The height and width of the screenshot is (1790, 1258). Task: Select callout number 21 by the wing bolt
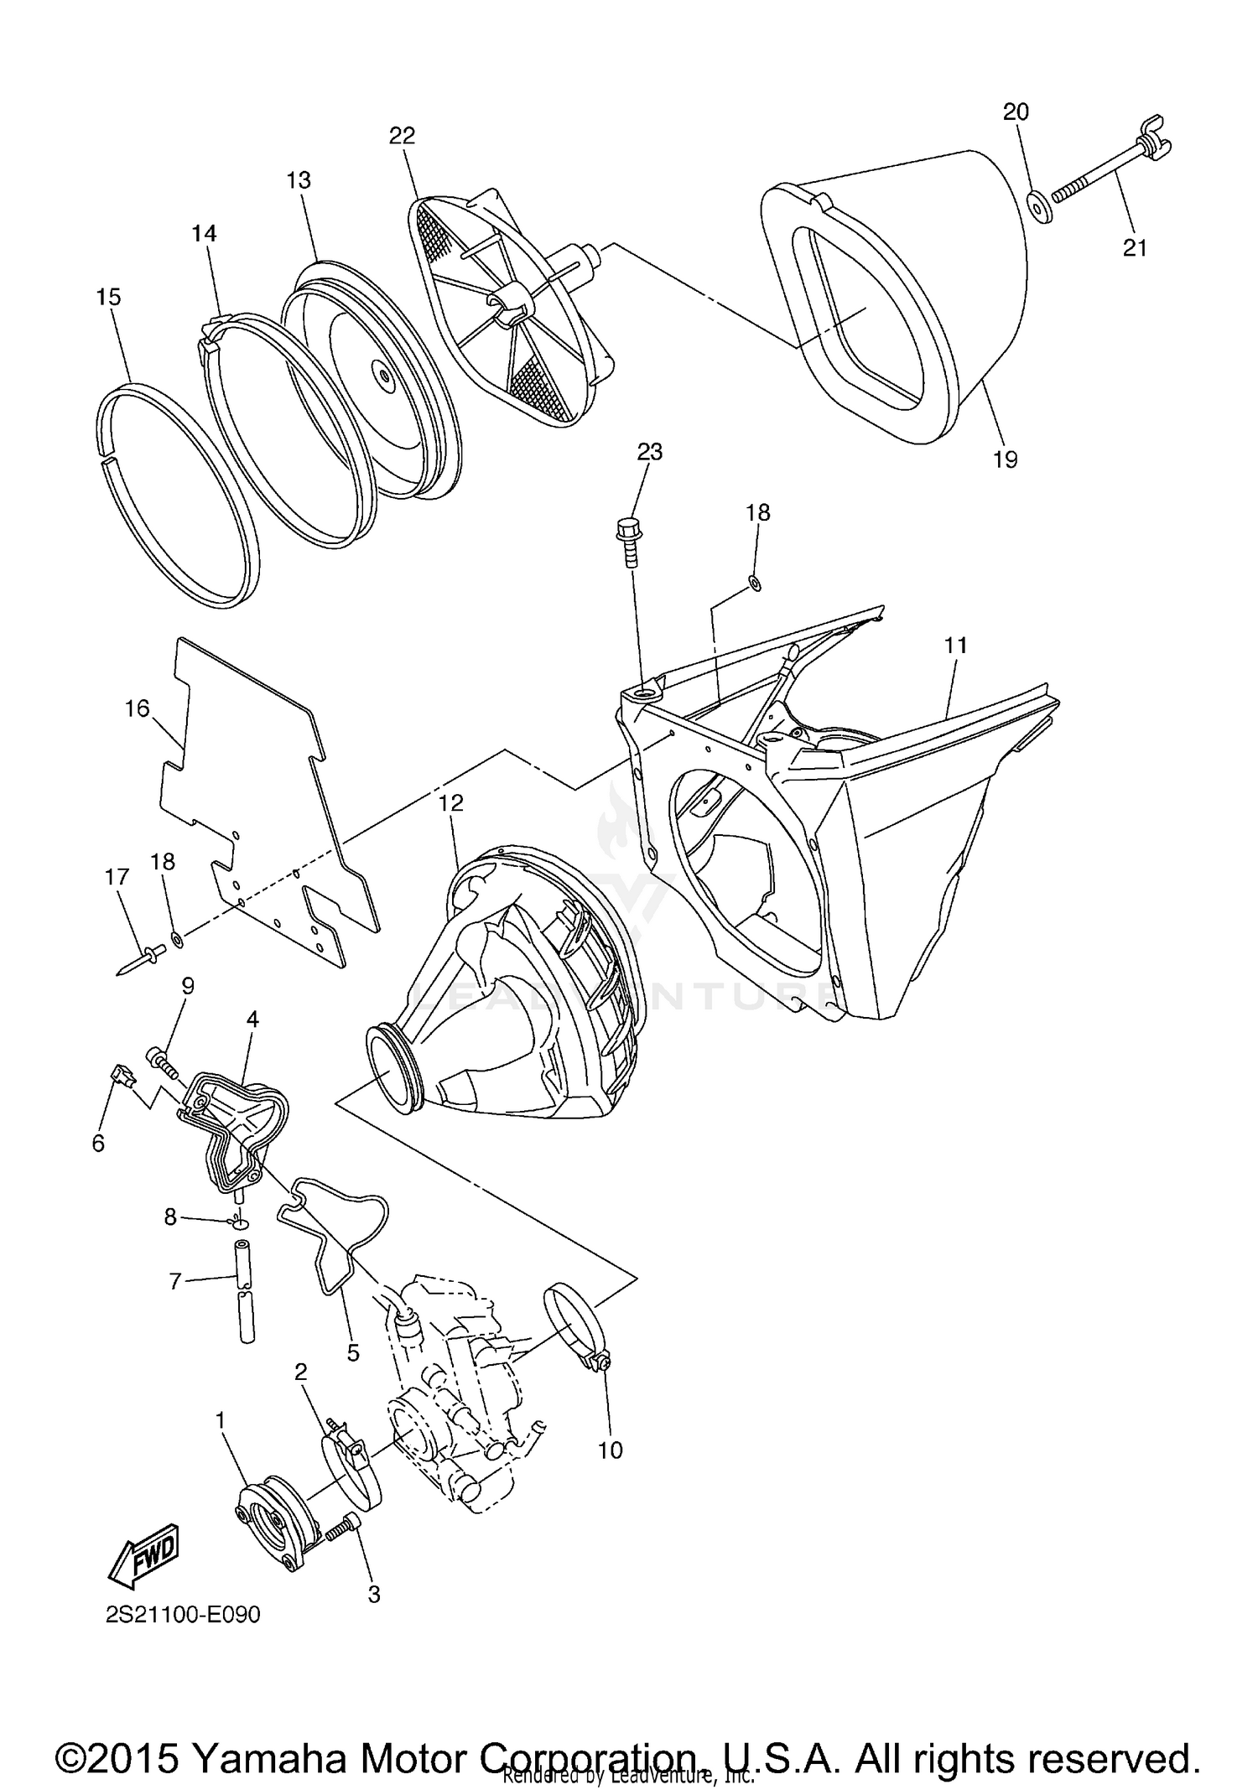(1134, 248)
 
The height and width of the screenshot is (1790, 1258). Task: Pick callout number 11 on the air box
(955, 645)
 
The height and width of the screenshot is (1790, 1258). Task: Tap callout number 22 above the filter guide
(402, 136)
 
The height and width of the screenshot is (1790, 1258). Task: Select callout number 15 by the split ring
(109, 297)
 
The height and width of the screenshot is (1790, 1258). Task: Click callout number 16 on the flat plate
(137, 708)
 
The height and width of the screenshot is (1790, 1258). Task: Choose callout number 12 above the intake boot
(450, 802)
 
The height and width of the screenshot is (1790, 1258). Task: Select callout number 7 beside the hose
(175, 1281)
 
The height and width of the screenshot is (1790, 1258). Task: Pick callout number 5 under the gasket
(353, 1352)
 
